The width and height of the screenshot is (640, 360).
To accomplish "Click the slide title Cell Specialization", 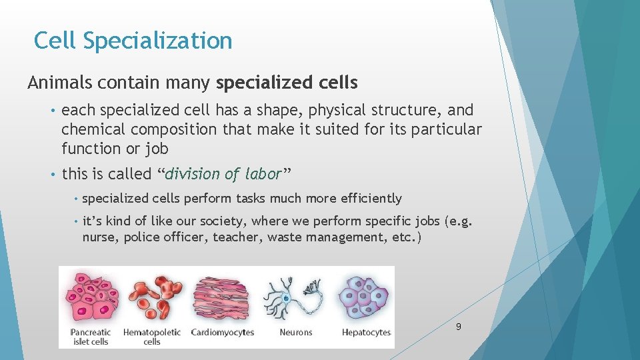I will [x=133, y=41].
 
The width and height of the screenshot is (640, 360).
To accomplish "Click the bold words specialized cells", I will [x=287, y=83].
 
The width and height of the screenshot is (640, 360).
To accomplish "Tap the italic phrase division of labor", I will [x=223, y=174].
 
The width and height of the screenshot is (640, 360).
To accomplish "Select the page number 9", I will [x=458, y=327].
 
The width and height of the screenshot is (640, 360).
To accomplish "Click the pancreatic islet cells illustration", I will [x=92, y=297].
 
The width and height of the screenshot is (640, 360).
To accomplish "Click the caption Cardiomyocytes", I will [x=222, y=332].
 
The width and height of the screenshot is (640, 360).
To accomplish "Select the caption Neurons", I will [x=296, y=332].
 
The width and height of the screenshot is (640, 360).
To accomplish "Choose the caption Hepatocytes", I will [x=366, y=332].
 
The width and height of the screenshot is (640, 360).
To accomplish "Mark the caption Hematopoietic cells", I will [x=152, y=337].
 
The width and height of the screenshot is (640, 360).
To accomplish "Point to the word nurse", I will [x=100, y=237].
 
